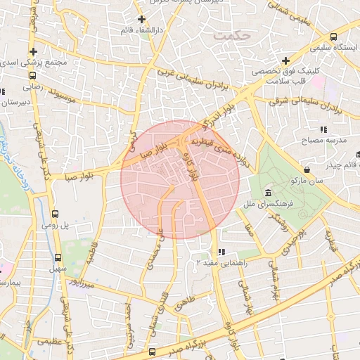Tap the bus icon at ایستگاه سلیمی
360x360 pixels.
coord(333,37)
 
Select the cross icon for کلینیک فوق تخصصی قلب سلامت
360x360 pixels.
coord(285,61)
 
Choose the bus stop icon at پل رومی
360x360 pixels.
coord(56,214)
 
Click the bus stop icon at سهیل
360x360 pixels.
coord(58,257)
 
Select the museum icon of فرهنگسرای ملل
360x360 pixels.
coord(268,193)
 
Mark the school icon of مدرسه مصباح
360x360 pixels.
coord(323,129)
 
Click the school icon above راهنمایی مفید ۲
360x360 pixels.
coord(221,251)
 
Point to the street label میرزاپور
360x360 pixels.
coord(77,285)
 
